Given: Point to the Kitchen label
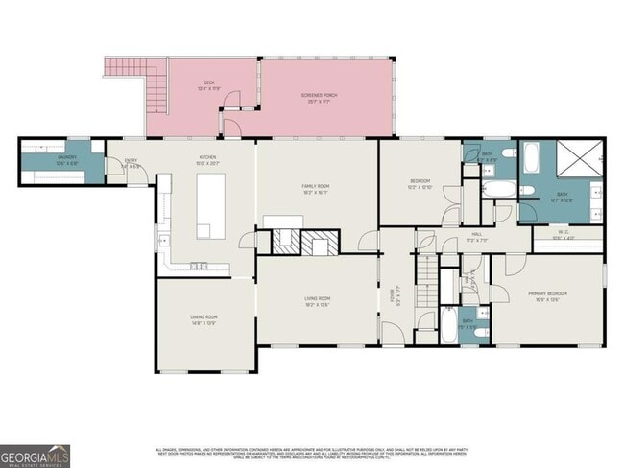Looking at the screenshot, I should (x=207, y=159).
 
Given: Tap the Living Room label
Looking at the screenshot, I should (x=317, y=303).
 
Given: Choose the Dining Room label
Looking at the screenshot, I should (x=204, y=319).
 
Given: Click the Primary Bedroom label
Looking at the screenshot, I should (x=547, y=295).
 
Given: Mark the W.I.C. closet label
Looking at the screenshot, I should (x=564, y=234).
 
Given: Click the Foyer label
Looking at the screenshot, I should (x=392, y=300).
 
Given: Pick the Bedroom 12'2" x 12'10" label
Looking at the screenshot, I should (x=420, y=185).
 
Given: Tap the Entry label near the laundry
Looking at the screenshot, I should (x=134, y=165).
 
